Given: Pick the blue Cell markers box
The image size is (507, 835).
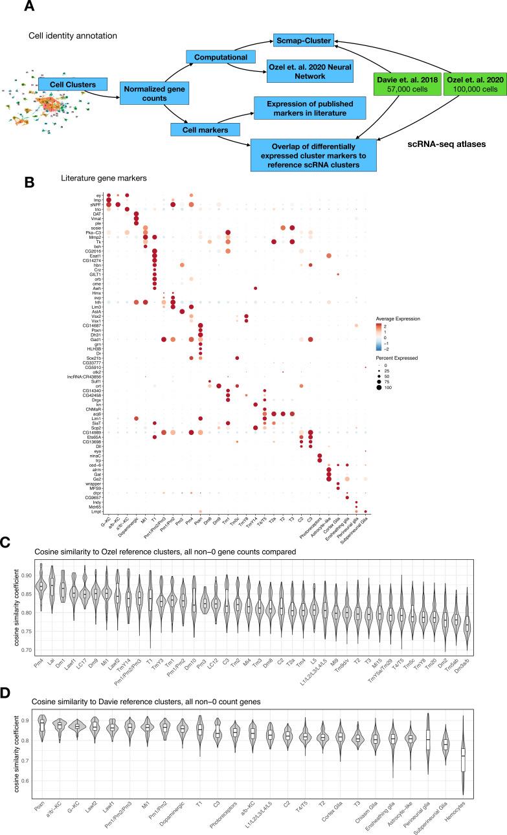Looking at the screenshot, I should pyautogui.click(x=201, y=130).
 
